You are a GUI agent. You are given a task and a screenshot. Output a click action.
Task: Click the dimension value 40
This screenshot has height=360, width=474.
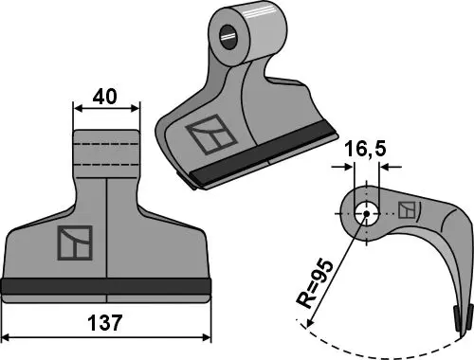(106, 97)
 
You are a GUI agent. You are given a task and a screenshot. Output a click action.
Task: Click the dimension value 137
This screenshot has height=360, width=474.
(107, 324)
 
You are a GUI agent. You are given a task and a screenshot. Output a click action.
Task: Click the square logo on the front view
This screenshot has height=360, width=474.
(75, 244)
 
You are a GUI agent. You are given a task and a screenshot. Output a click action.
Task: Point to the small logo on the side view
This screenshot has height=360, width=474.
(406, 210)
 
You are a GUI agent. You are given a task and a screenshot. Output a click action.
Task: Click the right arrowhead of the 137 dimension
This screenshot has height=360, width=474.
(208, 337)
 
